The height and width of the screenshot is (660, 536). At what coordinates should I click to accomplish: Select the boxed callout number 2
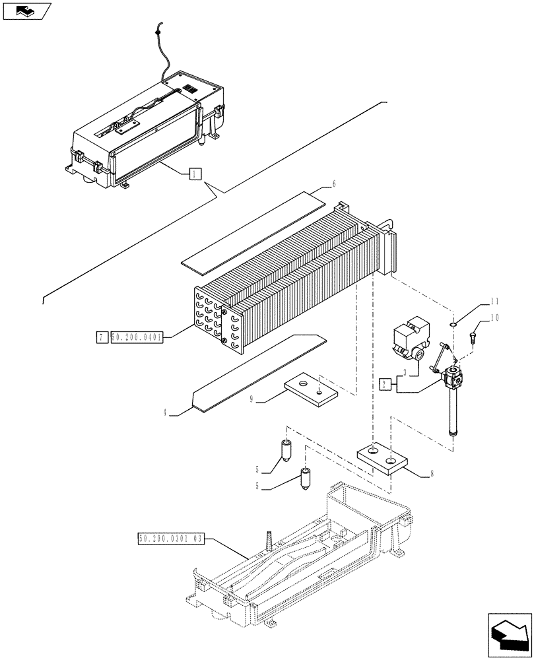point(385,383)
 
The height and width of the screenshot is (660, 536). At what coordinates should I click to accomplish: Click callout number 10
point(493,318)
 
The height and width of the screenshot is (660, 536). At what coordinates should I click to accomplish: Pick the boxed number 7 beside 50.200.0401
point(100,338)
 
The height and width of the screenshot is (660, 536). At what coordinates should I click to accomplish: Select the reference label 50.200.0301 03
point(172,539)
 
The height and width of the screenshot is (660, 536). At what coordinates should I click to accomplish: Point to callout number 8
point(430,473)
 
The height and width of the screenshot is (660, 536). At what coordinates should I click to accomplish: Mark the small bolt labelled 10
point(473,339)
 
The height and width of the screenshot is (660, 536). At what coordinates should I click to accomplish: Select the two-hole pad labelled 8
point(383,458)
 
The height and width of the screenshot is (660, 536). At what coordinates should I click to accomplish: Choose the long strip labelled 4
point(257,373)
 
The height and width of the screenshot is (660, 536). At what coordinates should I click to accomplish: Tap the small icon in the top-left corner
point(26,11)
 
